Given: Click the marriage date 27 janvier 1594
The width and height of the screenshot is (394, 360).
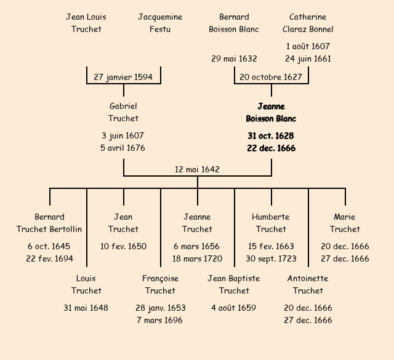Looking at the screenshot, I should coord(124,77).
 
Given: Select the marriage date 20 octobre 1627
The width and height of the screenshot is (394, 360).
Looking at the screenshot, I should coord(271,77).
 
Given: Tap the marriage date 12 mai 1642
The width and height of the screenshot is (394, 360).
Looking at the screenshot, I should coord(197,169).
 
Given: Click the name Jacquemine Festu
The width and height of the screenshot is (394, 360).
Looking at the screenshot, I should coord(160,23).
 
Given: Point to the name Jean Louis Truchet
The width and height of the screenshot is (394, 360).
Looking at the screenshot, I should coord(86,23).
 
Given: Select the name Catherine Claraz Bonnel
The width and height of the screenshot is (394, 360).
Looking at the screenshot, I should coord(308,23).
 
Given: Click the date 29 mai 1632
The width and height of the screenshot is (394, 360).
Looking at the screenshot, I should coord(234,58).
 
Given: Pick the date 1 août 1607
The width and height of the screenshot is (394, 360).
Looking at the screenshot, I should coord(308,46).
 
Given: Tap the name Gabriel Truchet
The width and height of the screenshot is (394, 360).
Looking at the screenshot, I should coord(123,112).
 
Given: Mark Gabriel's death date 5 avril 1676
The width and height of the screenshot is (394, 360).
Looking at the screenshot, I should coord(123,148).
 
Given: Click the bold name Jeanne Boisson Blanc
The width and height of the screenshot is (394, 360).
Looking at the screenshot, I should coord(271,112).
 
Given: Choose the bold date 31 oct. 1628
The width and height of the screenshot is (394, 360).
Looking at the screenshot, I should coord(271,135).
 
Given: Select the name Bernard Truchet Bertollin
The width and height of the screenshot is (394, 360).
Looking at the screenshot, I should coord(49,223).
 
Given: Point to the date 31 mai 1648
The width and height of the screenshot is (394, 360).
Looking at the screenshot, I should coord(86,308).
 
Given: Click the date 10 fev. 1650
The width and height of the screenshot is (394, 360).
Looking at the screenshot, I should coord(123,246).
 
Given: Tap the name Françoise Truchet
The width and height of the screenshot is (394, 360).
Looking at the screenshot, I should coord(160,284).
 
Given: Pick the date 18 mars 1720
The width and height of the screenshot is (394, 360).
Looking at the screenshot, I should coord(197,258).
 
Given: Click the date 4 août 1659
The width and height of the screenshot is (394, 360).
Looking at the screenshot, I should coord(234,308).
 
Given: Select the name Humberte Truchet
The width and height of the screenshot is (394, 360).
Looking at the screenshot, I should coord(271,223).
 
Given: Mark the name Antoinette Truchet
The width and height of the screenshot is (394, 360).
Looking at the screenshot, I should coord(308,284).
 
